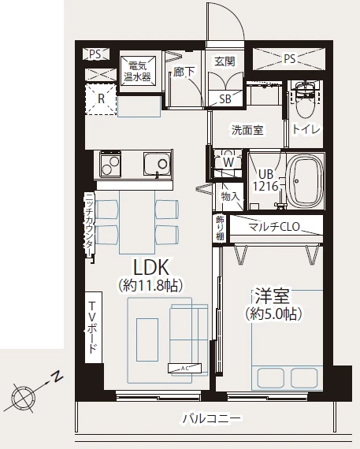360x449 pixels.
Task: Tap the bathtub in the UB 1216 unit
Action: click(x=305, y=181)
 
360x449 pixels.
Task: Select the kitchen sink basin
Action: click(x=158, y=164)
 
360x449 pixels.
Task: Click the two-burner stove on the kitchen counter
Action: click(x=110, y=164)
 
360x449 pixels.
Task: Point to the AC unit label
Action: click(x=184, y=369)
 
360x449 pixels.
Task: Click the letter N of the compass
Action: click(x=58, y=377)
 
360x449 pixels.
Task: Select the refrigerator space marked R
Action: click(x=101, y=99)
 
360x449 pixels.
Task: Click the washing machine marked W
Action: click(x=228, y=162)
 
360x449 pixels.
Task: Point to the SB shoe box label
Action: click(x=225, y=99)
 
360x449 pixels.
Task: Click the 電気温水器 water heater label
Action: click(x=137, y=72)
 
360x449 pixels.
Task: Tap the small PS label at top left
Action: click(x=95, y=54)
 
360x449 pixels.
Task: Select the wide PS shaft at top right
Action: click(x=289, y=59)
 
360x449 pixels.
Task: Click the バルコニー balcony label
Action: click(x=212, y=419)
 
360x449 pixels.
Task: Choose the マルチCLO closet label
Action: click(x=274, y=227)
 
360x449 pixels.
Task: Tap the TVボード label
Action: click(x=93, y=328)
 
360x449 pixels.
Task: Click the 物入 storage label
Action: click(x=230, y=196)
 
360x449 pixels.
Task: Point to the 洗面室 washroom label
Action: click(x=247, y=131)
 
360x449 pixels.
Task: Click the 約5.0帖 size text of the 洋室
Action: click(x=273, y=314)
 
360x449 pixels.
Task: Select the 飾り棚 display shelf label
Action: click(x=220, y=228)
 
